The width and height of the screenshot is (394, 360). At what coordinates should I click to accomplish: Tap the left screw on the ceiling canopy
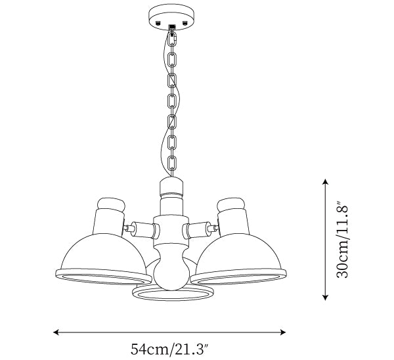click(158, 23)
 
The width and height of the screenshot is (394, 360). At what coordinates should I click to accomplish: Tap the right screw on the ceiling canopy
click(185, 23)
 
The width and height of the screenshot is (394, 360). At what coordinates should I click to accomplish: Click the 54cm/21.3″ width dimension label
click(169, 349)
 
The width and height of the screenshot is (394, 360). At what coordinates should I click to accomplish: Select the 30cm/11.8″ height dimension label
click(342, 239)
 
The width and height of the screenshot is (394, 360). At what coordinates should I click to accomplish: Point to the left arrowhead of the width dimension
click(56, 332)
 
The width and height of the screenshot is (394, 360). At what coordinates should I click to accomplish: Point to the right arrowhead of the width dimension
click(283, 332)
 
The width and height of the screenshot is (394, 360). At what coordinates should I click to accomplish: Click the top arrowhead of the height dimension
click(326, 181)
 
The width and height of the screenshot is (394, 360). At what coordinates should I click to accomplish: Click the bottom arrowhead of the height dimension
click(326, 298)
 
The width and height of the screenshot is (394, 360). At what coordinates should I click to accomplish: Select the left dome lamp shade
click(103, 259)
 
